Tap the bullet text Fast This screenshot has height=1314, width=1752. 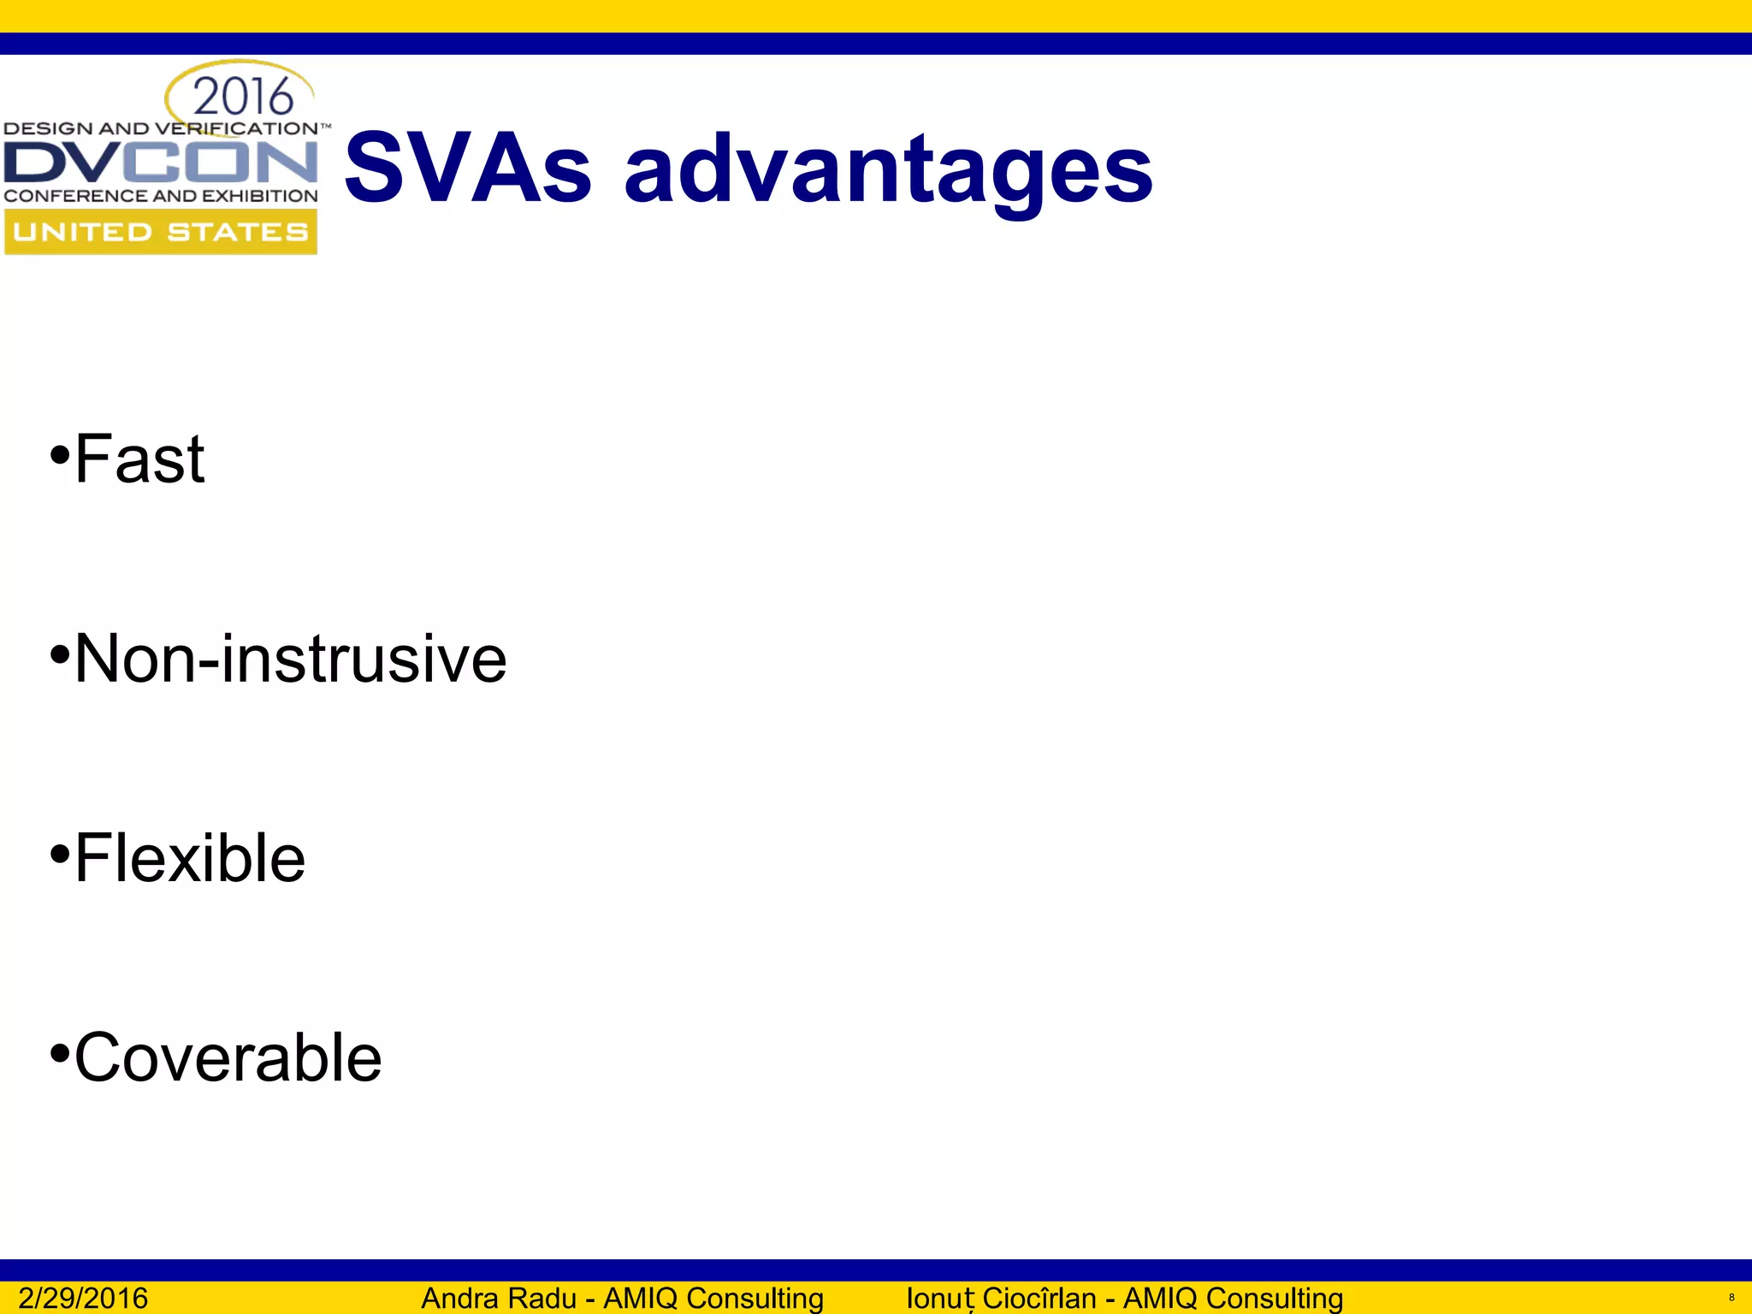click(139, 459)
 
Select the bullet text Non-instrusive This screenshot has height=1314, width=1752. click(290, 659)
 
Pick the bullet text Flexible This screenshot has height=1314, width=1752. click(190, 858)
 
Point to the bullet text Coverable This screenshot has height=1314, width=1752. click(228, 1058)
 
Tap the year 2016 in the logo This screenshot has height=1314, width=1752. click(243, 96)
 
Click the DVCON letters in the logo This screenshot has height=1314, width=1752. click(161, 163)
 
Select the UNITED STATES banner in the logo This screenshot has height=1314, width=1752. click(161, 232)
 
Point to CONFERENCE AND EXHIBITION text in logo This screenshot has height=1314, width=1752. click(161, 196)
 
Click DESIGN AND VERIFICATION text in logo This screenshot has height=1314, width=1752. click(161, 129)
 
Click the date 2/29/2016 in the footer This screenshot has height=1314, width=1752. click(83, 1298)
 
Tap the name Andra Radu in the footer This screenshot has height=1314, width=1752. click(498, 1298)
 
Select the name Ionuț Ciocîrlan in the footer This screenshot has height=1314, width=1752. click(1000, 1298)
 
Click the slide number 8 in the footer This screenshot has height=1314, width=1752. click(1731, 1298)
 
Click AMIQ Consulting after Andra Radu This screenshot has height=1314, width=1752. click(713, 1298)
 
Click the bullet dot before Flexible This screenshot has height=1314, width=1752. click(59, 854)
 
